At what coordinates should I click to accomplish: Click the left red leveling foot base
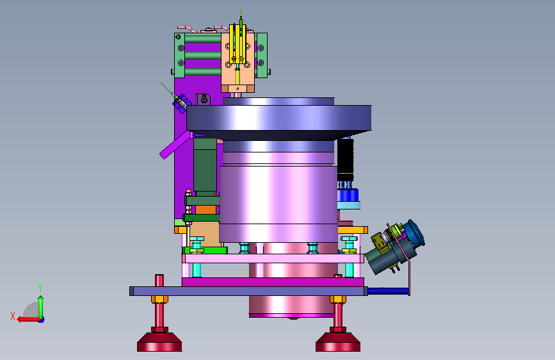[159, 342]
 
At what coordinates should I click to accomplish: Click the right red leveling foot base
[338, 342]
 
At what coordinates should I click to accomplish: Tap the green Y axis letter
[40, 288]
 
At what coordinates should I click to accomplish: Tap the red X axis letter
[13, 316]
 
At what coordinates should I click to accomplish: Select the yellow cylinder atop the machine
[237, 44]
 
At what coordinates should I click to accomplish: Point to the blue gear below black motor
[348, 195]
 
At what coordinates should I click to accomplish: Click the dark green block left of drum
[205, 165]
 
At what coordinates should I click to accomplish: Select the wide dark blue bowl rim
[279, 118]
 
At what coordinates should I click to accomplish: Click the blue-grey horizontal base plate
[248, 291]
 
